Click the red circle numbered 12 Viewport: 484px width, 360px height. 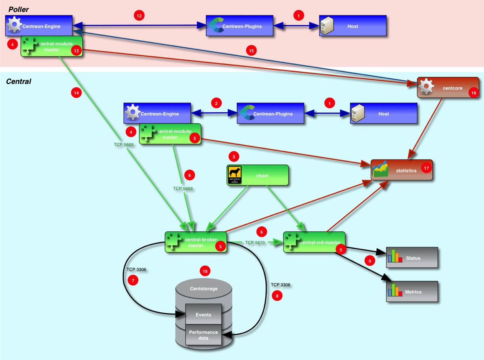click(x=139, y=16)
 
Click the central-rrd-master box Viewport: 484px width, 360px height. click(x=314, y=242)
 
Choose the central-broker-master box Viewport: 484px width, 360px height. click(x=196, y=242)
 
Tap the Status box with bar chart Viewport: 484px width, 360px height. click(x=412, y=257)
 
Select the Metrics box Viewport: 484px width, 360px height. click(x=412, y=291)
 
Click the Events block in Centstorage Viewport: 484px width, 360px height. click(x=203, y=314)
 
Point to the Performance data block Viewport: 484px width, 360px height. click(x=203, y=335)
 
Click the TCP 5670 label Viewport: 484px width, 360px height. click(x=255, y=243)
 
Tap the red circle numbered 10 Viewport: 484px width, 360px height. click(x=205, y=271)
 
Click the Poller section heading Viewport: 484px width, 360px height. click(x=19, y=9)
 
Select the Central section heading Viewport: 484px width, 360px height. click(x=19, y=82)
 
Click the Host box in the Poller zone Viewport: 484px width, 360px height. click(x=353, y=26)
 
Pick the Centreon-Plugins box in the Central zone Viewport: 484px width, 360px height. click(x=270, y=114)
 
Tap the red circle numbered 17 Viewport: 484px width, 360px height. click(x=426, y=167)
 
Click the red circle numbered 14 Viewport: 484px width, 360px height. click(x=76, y=92)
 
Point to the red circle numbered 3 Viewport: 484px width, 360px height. click(x=234, y=156)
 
